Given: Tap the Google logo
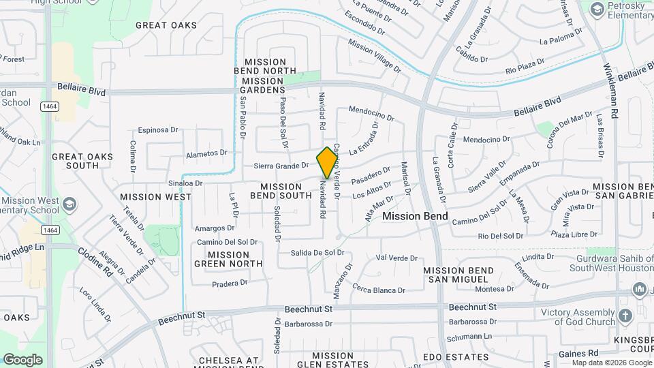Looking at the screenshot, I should (x=22, y=360).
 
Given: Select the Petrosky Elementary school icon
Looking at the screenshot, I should (x=597, y=9).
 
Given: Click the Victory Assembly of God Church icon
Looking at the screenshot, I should (x=626, y=316).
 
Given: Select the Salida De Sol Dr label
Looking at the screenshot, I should (x=317, y=253).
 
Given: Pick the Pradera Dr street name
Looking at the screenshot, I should (x=230, y=283).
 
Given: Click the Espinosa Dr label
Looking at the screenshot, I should (x=157, y=129).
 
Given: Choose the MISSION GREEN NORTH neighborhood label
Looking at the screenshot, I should (x=228, y=259).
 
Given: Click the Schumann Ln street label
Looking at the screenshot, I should (x=469, y=338).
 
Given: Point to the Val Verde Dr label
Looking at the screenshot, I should (x=396, y=258).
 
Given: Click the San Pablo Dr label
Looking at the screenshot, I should (x=243, y=117).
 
